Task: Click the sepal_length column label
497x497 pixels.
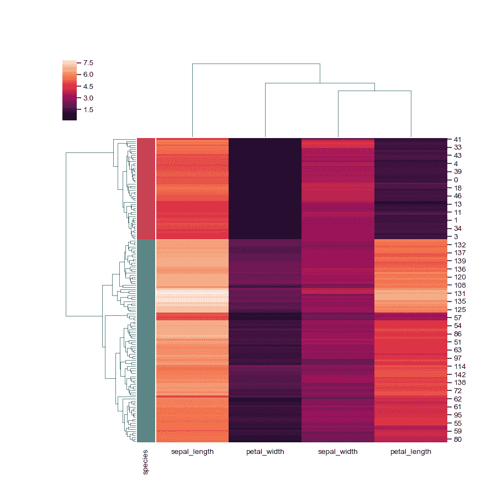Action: (x=192, y=452)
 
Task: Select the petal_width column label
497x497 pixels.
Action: (x=265, y=452)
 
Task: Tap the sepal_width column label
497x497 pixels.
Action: (x=338, y=452)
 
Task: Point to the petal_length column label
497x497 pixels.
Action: (x=411, y=452)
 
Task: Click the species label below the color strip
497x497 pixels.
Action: (x=146, y=463)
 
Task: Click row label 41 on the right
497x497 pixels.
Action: (x=457, y=140)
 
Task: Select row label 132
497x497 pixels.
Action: (x=459, y=244)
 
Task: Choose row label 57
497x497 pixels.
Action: (x=457, y=318)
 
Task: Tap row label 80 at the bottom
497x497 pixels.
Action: (x=457, y=440)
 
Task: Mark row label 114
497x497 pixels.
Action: (x=459, y=367)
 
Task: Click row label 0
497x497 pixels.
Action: (x=456, y=180)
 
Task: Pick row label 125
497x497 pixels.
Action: (x=459, y=310)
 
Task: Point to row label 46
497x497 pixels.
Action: (x=457, y=196)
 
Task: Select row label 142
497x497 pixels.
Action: (x=459, y=374)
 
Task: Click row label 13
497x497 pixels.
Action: (x=457, y=204)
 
